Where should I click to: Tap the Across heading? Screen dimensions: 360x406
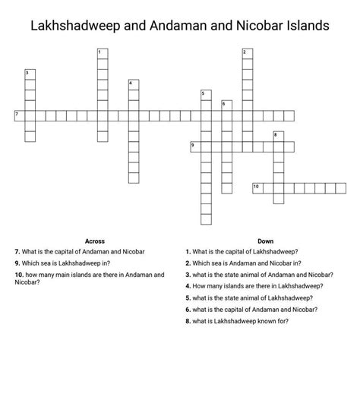[x=95, y=241]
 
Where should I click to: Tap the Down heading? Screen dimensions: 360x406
[x=265, y=241]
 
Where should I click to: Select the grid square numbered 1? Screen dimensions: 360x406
[x=102, y=53]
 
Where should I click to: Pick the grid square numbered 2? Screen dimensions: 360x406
[x=246, y=53]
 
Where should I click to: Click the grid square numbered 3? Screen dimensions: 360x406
[x=30, y=74]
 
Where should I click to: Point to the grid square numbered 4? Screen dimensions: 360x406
[x=133, y=84]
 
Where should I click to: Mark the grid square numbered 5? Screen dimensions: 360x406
[x=205, y=95]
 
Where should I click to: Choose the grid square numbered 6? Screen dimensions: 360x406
[x=226, y=105]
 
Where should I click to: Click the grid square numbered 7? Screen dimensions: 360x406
[x=20, y=115]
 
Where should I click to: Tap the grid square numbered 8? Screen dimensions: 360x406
[x=278, y=137]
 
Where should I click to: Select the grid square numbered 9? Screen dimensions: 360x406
[x=195, y=146]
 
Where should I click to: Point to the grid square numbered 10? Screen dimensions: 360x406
[x=257, y=187]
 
